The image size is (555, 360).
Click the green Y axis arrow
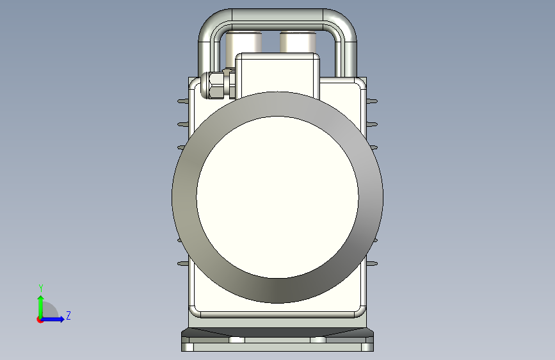[x=41, y=307]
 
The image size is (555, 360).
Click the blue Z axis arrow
[x=52, y=319]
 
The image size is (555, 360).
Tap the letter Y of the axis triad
[x=41, y=288]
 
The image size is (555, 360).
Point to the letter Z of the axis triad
[x=68, y=315]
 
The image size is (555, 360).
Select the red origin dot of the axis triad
[x=40, y=320]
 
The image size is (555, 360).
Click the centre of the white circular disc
[x=278, y=197]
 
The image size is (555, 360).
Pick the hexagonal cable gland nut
[x=216, y=85]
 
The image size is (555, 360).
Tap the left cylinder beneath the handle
[x=243, y=42]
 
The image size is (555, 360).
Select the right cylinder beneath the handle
[x=298, y=42]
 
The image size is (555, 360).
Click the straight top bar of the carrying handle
[x=278, y=15]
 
